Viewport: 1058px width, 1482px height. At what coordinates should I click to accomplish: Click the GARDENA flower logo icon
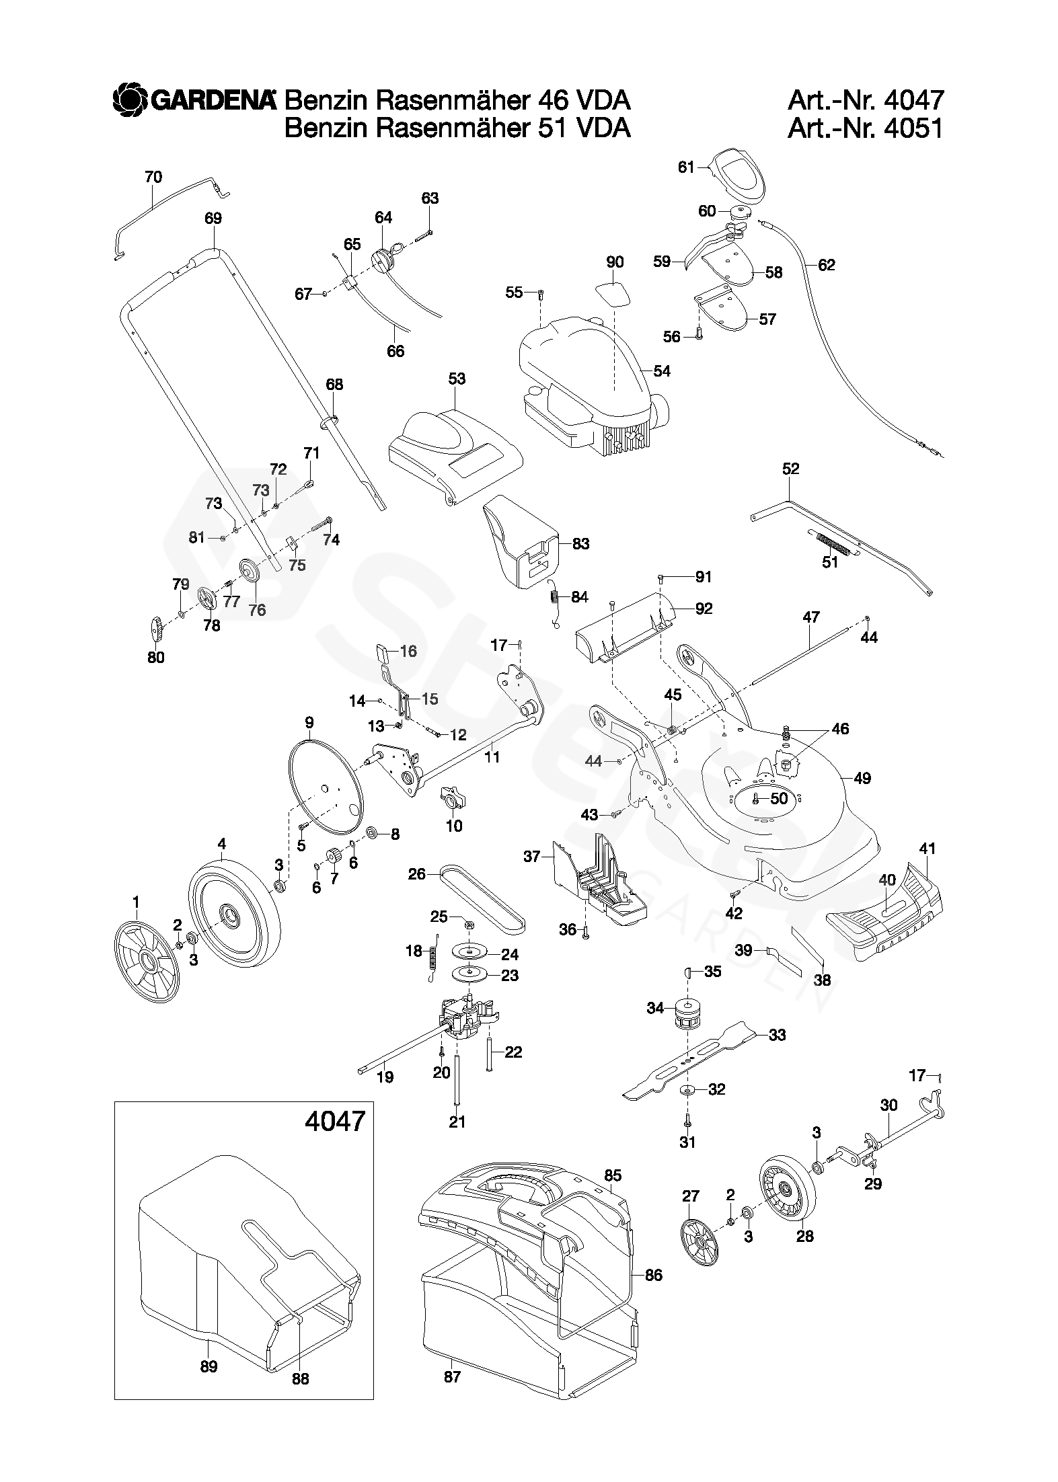(129, 100)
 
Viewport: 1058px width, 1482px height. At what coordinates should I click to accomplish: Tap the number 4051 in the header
(914, 128)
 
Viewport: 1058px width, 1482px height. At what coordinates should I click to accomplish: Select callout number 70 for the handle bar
(153, 178)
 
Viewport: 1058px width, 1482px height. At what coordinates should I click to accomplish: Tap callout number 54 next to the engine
(662, 371)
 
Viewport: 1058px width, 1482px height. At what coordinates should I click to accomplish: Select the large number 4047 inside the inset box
(334, 1121)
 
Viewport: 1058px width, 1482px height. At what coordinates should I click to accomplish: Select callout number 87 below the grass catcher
(452, 1390)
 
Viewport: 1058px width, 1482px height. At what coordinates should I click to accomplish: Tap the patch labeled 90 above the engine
(614, 293)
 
